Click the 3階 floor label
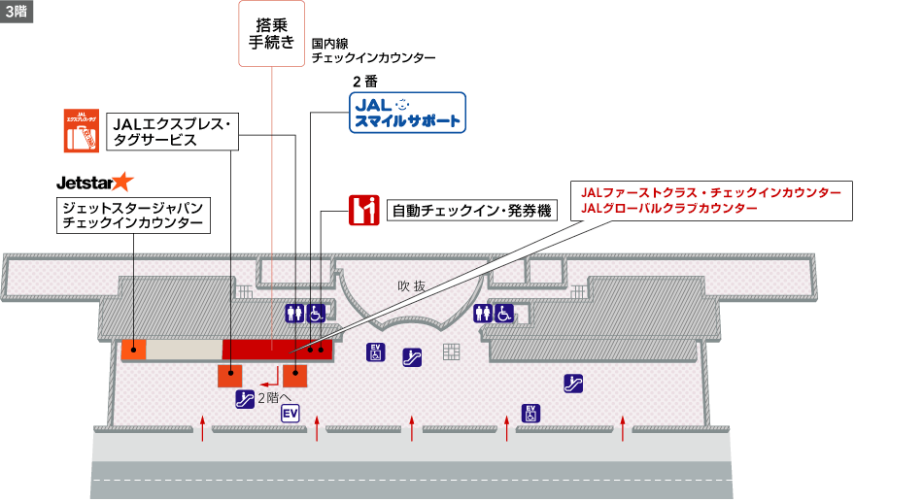click(x=17, y=11)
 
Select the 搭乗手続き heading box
click(x=272, y=34)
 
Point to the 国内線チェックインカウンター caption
click(x=373, y=50)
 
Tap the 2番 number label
click(x=364, y=81)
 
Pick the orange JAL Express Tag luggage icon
click(x=81, y=130)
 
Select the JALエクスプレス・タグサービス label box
click(x=171, y=131)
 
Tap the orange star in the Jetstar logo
click(x=122, y=181)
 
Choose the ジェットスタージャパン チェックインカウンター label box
click(x=133, y=216)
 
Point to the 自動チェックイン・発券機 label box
click(x=473, y=211)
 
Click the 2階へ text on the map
click(x=275, y=396)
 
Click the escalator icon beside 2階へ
click(x=245, y=397)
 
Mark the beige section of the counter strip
click(x=184, y=350)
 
